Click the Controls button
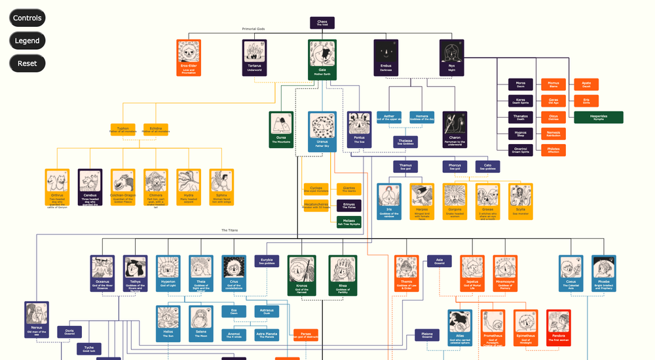coord(28,18)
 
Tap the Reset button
coord(28,63)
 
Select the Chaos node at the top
coord(322,23)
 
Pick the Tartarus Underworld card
coord(254,58)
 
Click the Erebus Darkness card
coord(386,58)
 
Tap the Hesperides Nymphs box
coord(598,117)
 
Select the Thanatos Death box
coord(521,117)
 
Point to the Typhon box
coord(123,130)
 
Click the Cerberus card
coord(90,189)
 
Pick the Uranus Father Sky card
coord(322,131)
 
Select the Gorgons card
coord(455,201)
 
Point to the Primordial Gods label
coord(253,29)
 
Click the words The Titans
coord(229,230)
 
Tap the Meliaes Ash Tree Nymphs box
coord(348,221)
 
